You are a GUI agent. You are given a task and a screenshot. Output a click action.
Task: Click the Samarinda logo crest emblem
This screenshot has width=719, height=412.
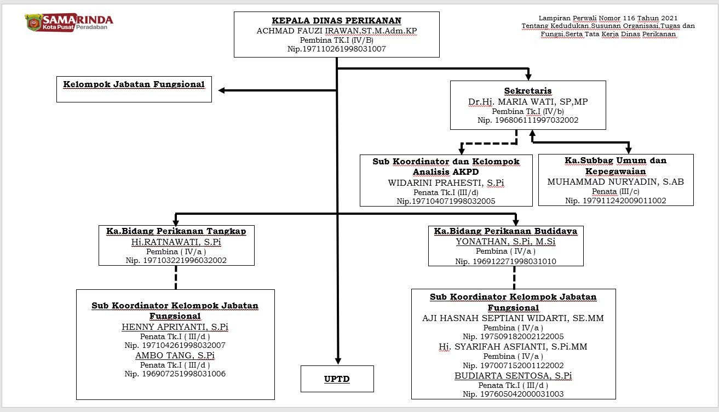tap(34, 22)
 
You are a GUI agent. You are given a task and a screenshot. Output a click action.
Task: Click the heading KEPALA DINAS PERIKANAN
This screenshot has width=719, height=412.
tap(336, 21)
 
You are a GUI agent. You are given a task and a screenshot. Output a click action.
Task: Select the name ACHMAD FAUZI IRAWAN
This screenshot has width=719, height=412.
tap(307, 31)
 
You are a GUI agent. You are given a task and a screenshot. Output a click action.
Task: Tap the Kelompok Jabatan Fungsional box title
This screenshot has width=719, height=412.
tap(134, 84)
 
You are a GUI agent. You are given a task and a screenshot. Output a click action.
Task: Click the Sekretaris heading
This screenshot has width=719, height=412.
tap(528, 91)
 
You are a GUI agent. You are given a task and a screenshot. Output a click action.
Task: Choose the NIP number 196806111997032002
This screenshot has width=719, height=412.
tap(537, 120)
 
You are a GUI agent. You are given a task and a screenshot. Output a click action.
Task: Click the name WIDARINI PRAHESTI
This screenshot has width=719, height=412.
tap(435, 183)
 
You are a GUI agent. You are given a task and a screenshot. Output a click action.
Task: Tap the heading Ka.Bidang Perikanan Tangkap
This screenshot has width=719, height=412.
tap(176, 231)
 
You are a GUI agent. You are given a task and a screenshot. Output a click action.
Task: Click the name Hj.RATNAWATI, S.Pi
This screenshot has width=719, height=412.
tap(176, 242)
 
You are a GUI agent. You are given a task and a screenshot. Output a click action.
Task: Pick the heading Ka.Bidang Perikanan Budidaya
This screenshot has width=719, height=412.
tap(505, 231)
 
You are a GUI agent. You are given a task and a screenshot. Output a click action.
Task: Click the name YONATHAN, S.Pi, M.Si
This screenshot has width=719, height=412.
tap(505, 242)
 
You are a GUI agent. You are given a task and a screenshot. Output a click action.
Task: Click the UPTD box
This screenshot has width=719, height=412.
tap(337, 379)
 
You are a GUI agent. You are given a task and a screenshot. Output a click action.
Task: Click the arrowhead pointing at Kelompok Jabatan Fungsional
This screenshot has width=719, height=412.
tap(221, 90)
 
